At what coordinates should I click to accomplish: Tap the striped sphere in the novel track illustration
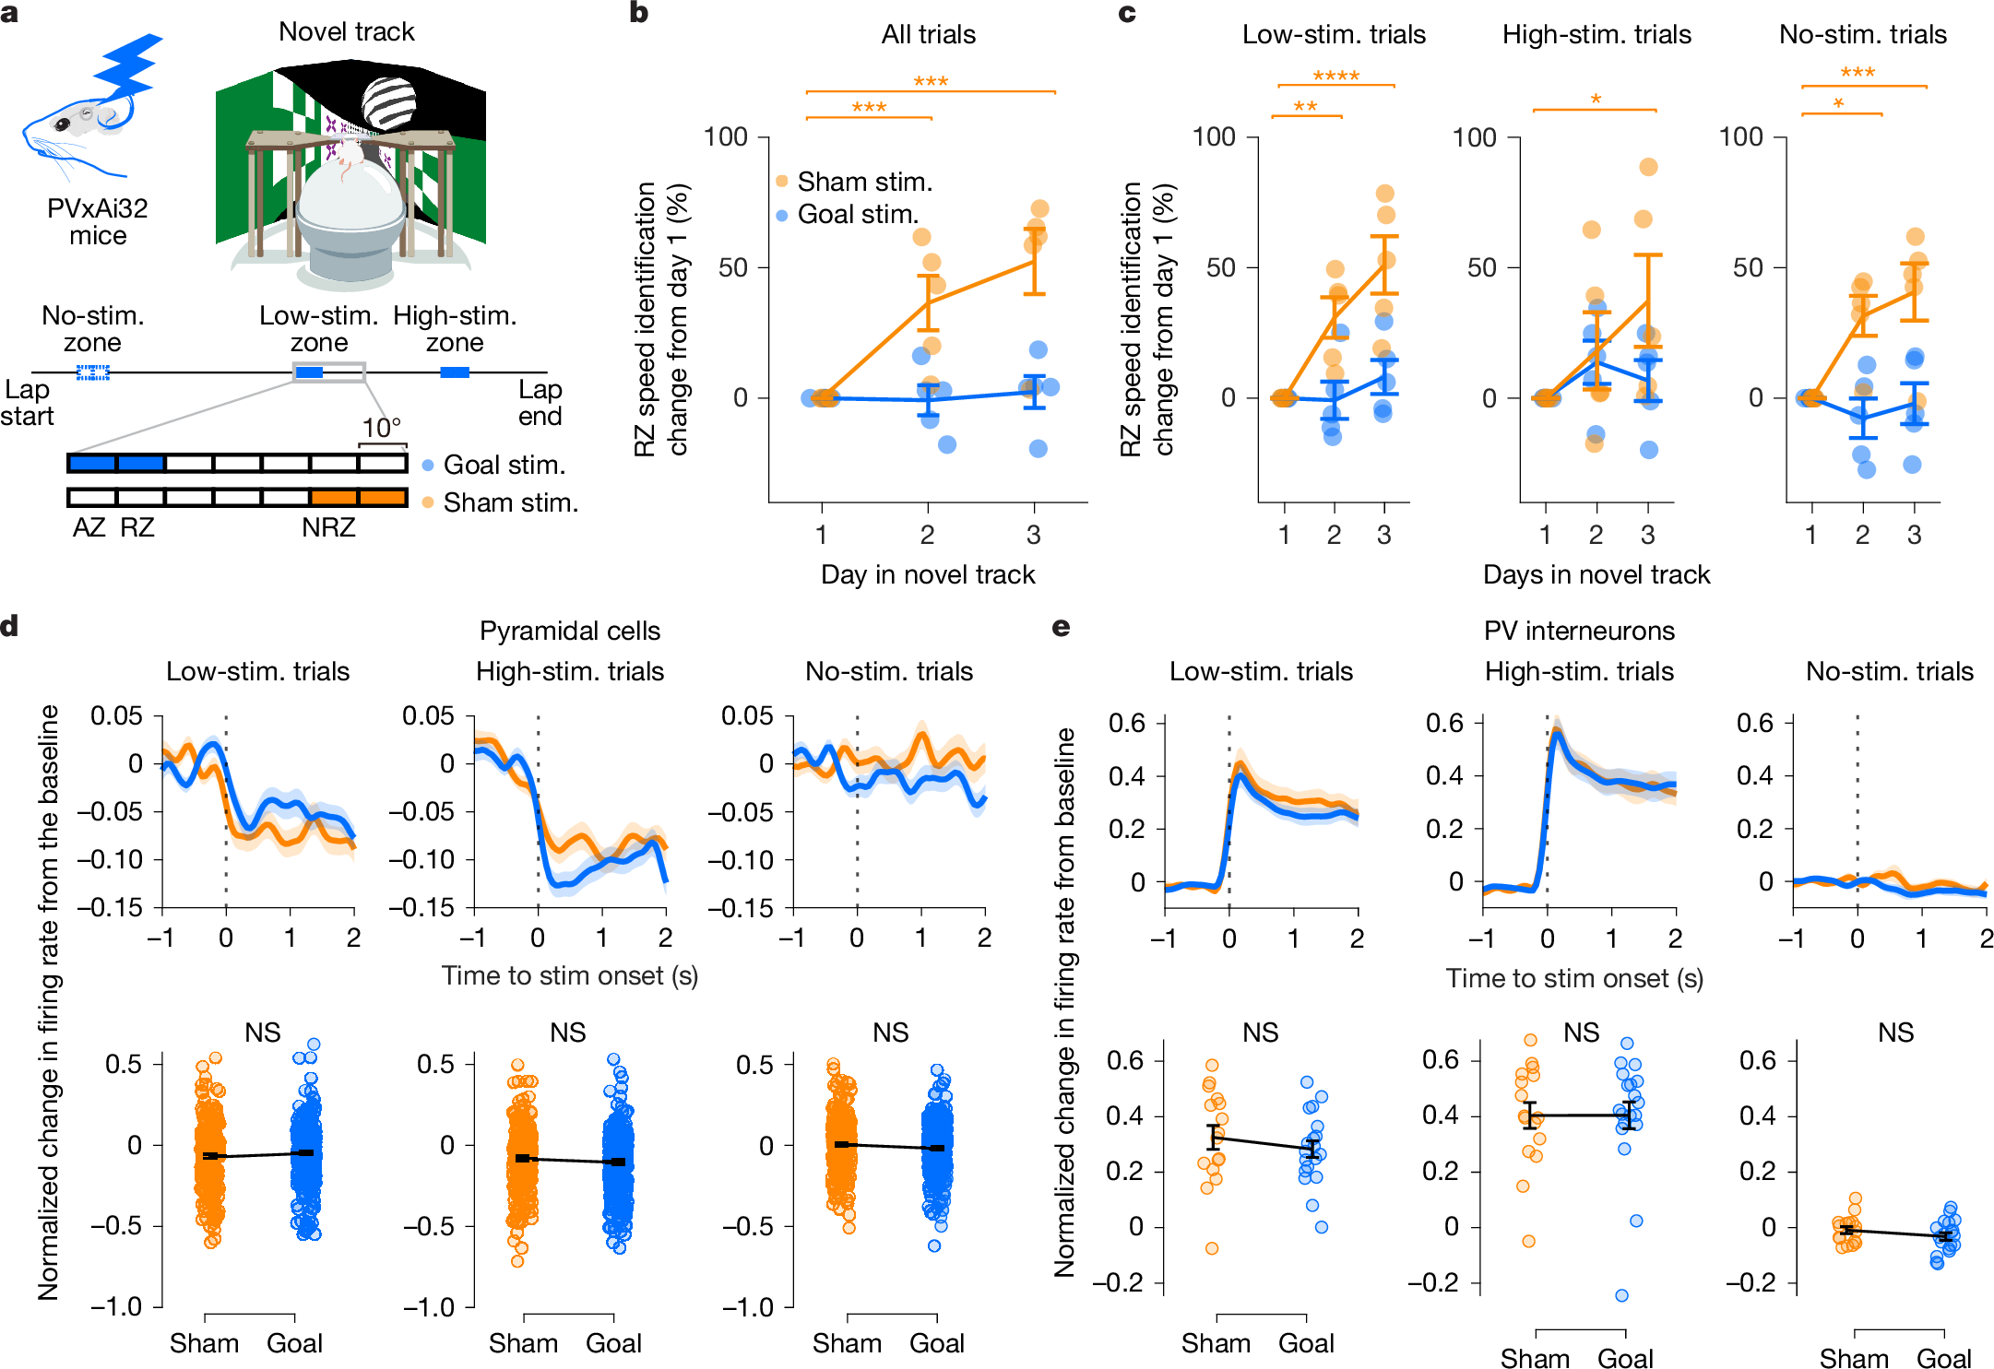tap(388, 101)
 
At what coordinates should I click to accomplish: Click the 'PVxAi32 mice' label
tap(98, 221)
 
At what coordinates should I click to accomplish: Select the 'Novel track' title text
tap(347, 32)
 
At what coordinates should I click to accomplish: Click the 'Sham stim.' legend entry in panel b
tap(864, 182)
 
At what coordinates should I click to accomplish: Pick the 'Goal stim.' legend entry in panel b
tap(858, 214)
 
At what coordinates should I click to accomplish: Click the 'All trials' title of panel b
tap(928, 35)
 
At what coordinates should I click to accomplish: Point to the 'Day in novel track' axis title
tap(928, 574)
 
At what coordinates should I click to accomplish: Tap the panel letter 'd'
tap(10, 627)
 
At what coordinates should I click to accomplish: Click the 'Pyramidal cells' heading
tap(570, 631)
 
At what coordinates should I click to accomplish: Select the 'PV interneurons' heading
tap(1579, 631)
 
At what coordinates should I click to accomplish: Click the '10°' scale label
tap(382, 428)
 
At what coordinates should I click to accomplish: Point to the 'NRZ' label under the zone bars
tap(328, 527)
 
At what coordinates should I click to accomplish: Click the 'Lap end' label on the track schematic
tap(540, 403)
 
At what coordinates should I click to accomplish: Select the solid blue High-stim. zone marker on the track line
tap(455, 372)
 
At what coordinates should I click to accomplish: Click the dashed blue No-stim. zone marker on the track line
tap(92, 372)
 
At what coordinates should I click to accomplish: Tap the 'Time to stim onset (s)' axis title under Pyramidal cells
tap(569, 975)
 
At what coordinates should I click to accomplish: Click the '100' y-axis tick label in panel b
tap(726, 137)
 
